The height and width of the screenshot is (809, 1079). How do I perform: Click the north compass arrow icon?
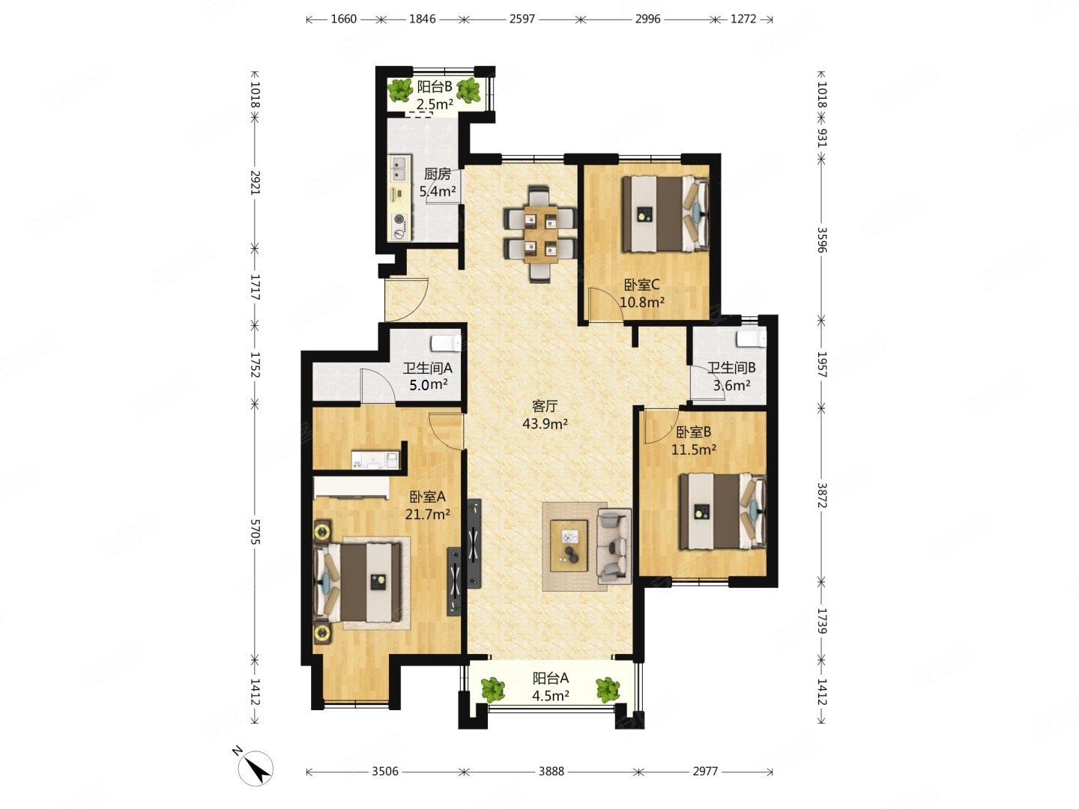click(x=255, y=769)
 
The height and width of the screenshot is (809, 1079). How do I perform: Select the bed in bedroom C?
click(x=665, y=213)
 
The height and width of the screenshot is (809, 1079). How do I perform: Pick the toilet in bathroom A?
click(x=445, y=342)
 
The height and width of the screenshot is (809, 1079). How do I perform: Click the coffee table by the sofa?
click(x=569, y=545)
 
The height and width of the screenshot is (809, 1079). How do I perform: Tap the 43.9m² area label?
click(x=545, y=423)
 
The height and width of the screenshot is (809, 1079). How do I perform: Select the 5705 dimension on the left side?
click(x=255, y=532)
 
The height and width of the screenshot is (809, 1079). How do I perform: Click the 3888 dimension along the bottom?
click(x=551, y=772)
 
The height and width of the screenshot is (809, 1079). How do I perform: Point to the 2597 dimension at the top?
click(x=522, y=19)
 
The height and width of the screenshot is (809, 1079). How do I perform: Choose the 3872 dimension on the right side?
click(x=821, y=495)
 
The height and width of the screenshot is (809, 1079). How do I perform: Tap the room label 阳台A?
click(x=550, y=679)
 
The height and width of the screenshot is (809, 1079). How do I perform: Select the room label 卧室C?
click(x=641, y=285)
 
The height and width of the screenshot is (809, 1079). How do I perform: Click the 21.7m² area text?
click(x=428, y=515)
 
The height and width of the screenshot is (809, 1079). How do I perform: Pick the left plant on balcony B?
click(x=399, y=91)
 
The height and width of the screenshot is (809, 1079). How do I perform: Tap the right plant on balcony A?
click(x=608, y=690)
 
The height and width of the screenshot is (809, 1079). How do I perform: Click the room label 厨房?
click(x=437, y=175)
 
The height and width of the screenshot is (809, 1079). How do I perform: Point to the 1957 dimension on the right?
click(x=821, y=365)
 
